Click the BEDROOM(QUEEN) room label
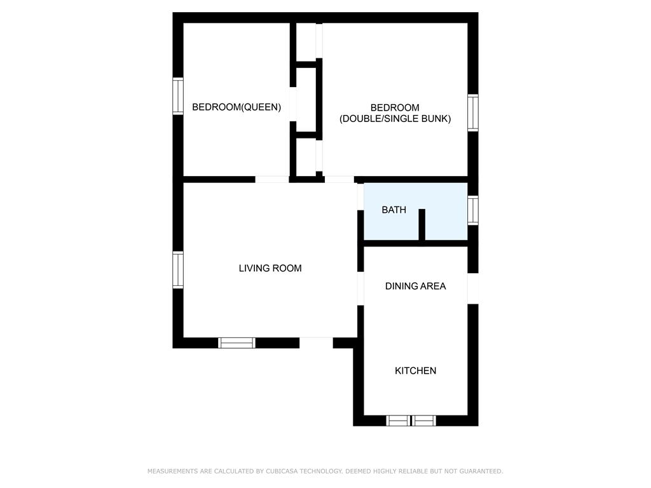(x=236, y=107)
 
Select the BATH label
(x=394, y=210)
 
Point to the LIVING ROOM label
(x=270, y=268)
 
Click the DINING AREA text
(x=415, y=286)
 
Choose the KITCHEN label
(x=415, y=370)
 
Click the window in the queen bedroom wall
(x=178, y=96)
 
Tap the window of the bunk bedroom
(x=473, y=113)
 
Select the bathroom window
(x=473, y=210)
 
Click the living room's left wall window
(x=178, y=269)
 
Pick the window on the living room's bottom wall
(x=236, y=342)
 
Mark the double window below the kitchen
(x=411, y=421)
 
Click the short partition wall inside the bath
(x=422, y=224)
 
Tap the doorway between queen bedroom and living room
(x=272, y=180)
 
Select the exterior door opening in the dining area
(x=473, y=288)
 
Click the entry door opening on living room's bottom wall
(x=316, y=342)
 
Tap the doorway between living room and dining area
(x=360, y=289)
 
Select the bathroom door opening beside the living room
(x=360, y=197)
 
